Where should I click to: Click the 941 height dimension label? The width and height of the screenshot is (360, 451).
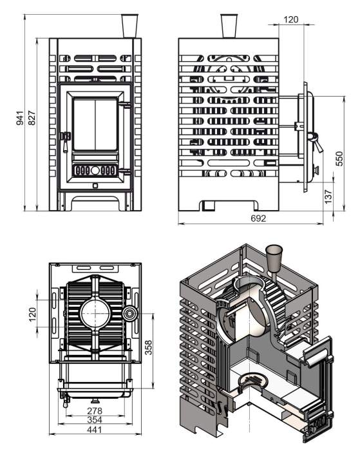[19, 118]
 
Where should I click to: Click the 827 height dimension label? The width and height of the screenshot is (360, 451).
[32, 118]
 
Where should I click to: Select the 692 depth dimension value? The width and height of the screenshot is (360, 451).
[258, 218]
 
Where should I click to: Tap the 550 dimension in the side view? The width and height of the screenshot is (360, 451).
[339, 158]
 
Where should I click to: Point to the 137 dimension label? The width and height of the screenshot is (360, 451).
[328, 197]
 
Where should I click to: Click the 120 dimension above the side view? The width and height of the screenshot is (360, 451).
[291, 19]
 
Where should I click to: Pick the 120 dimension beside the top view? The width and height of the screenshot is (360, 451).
[32, 314]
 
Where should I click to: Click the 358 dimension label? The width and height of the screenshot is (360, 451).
[148, 347]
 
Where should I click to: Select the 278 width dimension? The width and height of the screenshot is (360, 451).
[95, 411]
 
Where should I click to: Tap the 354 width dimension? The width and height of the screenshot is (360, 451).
[95, 420]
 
